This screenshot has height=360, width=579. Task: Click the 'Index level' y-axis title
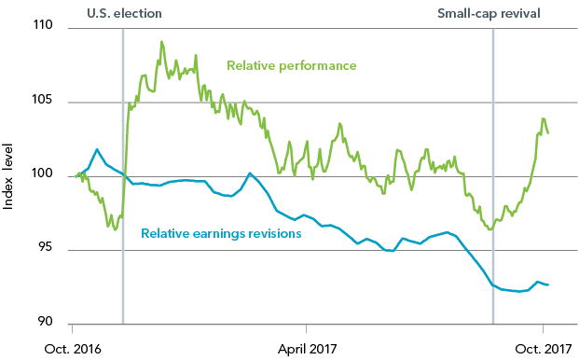point(10,176)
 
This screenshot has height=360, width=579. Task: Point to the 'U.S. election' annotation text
point(124,13)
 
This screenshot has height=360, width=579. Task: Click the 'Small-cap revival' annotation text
point(489,13)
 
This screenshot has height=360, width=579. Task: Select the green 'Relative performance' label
point(292,65)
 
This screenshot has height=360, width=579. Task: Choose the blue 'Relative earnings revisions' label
point(221,233)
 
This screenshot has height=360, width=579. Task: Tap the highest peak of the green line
point(161,42)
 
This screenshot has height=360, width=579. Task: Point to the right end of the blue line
point(548,284)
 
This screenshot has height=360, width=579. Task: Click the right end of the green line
point(548,133)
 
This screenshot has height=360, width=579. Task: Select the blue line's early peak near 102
point(97,149)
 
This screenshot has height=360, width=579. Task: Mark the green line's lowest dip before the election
point(114,228)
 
